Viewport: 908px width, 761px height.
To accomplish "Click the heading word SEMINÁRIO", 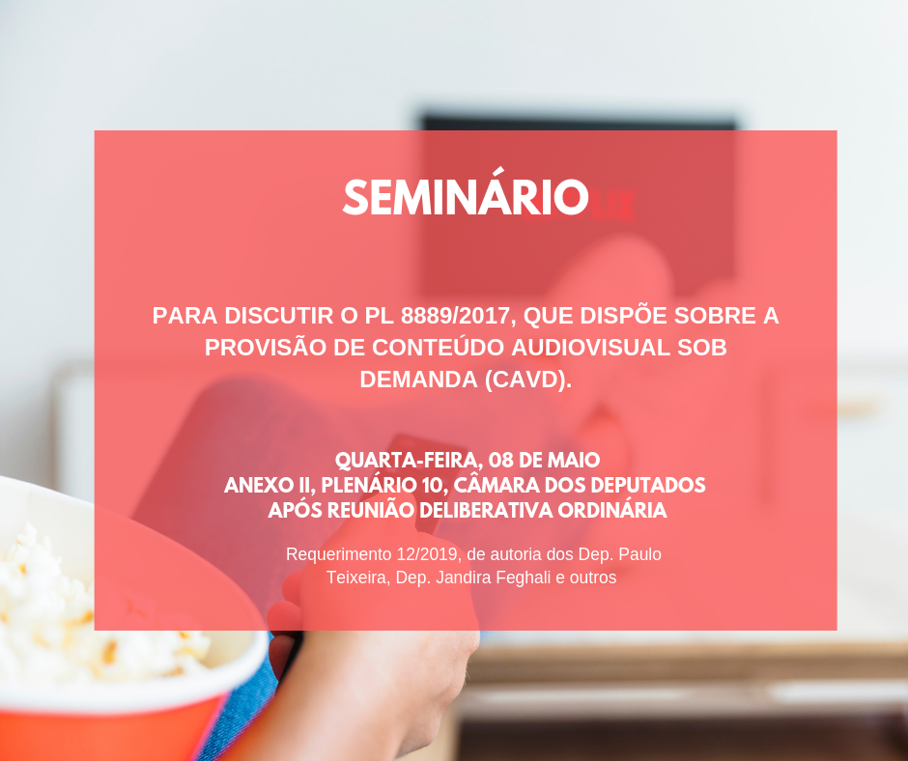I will [x=465, y=198].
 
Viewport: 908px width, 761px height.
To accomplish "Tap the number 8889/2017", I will [x=455, y=317].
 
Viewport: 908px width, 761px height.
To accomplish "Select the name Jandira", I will [x=470, y=578].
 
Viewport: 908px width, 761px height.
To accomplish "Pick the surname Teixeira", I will [x=358, y=578].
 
